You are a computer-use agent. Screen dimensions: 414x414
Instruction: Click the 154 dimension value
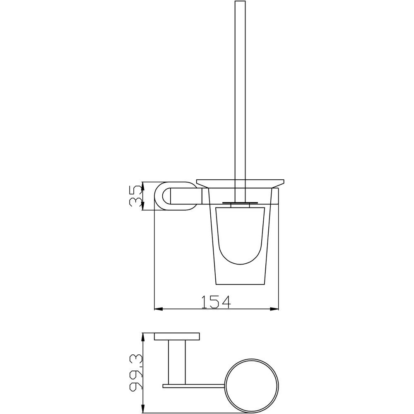[216, 301]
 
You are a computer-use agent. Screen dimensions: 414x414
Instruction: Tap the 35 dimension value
[136, 196]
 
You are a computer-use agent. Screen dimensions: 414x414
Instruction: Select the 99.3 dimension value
[136, 372]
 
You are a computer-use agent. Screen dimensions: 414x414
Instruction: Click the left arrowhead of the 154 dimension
[158, 309]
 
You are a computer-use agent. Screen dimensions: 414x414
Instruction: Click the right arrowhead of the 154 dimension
[275, 309]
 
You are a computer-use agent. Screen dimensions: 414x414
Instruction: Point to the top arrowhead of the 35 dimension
[142, 185]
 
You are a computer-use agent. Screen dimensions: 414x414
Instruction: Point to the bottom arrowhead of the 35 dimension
[142, 207]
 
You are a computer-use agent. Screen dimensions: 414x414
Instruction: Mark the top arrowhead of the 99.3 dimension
[142, 337]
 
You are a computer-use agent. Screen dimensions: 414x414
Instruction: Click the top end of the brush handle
[240, 1]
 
